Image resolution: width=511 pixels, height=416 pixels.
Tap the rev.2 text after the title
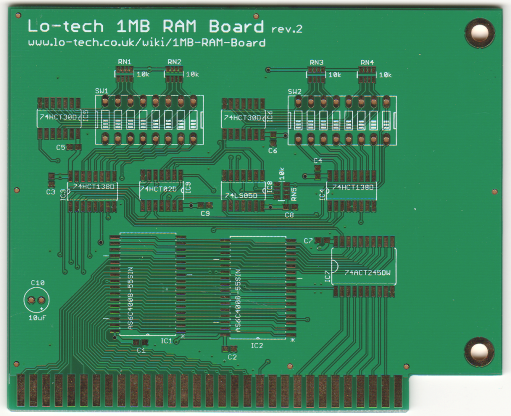[x=286, y=29]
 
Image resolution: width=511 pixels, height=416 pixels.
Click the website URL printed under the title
[x=147, y=43]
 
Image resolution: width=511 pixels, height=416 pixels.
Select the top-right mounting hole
[x=480, y=33]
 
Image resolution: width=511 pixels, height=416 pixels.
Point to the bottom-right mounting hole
[x=479, y=352]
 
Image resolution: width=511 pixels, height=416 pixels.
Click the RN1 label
[x=124, y=62]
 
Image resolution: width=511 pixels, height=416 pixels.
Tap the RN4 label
[x=367, y=62]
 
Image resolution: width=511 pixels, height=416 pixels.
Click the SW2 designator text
[x=294, y=92]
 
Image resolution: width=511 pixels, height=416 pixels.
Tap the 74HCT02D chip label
[x=159, y=189]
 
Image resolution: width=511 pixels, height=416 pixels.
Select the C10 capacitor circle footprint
[x=36, y=300]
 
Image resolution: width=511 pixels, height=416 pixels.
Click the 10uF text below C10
[x=37, y=317]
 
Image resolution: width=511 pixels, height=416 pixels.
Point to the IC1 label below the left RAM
[x=166, y=341]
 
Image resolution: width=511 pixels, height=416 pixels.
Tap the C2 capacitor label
[x=232, y=357]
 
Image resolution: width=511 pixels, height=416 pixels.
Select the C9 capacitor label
[x=205, y=213]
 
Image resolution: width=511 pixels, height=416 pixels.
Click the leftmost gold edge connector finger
[x=21, y=391]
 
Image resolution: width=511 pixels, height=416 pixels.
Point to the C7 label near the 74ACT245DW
[x=308, y=241]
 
